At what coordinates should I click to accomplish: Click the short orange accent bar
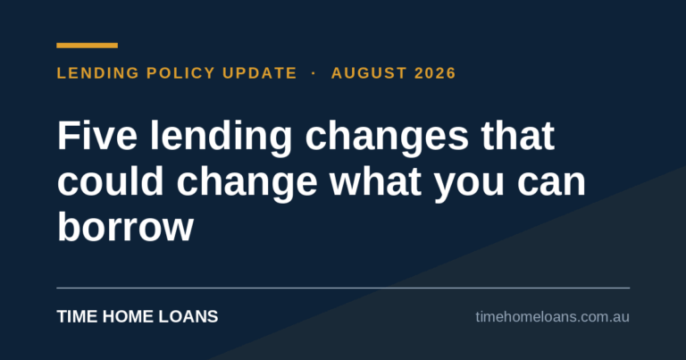click(87, 46)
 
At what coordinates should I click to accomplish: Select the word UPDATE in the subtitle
click(260, 73)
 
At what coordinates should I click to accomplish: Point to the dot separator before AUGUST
click(314, 73)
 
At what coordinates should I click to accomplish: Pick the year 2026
click(435, 73)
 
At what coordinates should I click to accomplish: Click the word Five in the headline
click(97, 136)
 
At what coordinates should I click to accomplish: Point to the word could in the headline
click(111, 180)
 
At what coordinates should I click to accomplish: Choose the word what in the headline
click(376, 180)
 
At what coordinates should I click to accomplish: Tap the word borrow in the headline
click(126, 227)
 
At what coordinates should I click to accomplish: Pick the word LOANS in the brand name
click(188, 317)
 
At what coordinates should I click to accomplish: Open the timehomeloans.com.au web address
click(553, 317)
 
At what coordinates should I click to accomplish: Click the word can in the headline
click(551, 185)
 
